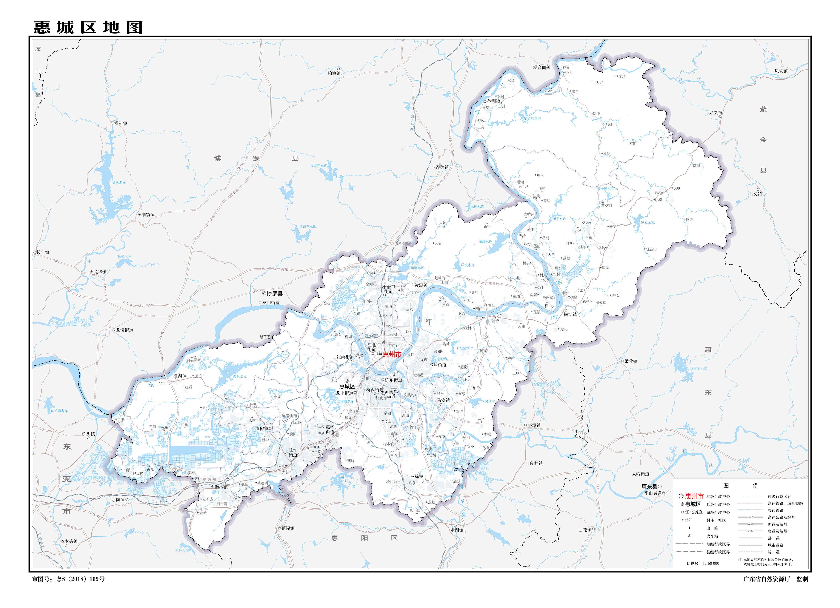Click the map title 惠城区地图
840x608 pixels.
pos(88,28)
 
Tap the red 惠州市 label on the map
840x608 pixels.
pos(392,354)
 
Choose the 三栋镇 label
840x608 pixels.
pos(416,476)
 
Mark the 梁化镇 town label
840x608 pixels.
pos(630,361)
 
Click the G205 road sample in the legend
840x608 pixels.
pos(750,524)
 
